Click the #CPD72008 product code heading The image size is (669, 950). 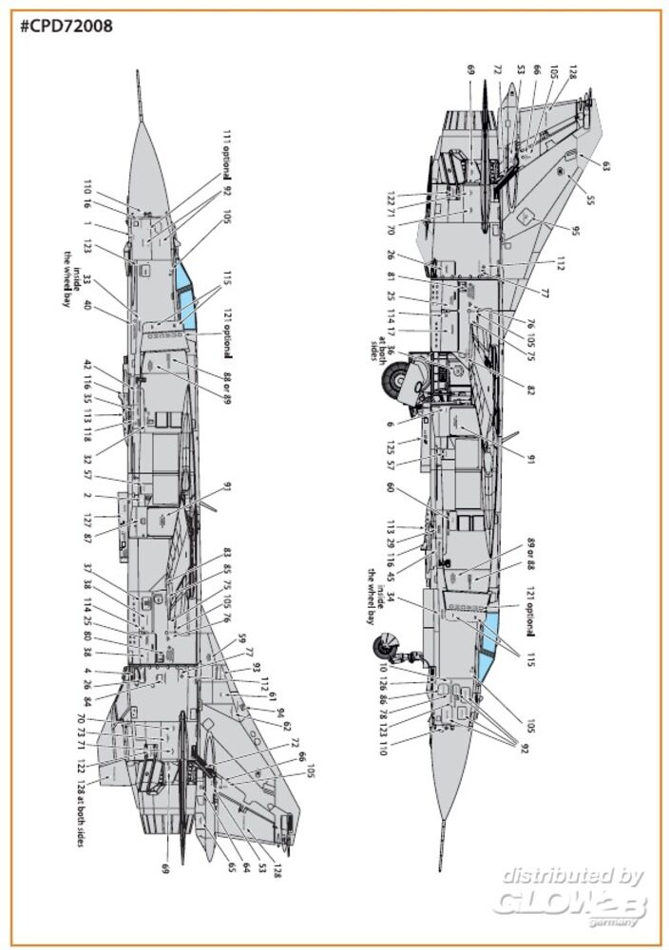[66, 26]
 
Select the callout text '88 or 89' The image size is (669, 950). [227, 387]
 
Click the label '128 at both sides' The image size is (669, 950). [81, 807]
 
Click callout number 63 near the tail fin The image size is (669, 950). [606, 165]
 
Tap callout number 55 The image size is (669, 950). [590, 200]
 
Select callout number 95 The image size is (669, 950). [575, 231]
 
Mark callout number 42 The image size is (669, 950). [86, 366]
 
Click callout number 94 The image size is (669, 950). [281, 712]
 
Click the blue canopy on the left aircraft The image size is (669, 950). [185, 292]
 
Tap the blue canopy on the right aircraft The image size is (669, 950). [488, 643]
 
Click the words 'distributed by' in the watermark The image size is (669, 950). [573, 875]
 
